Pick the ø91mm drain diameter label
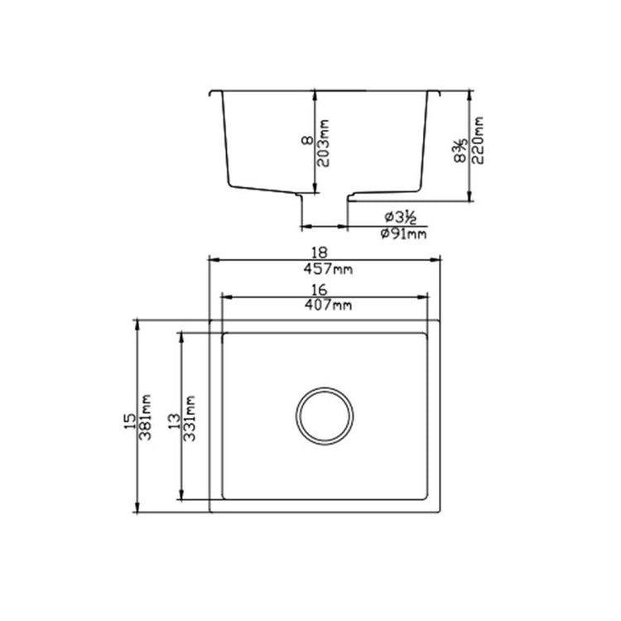403,234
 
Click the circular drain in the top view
325,415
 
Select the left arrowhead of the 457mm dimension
212,260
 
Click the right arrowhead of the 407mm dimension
425,296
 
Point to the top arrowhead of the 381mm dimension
137,324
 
